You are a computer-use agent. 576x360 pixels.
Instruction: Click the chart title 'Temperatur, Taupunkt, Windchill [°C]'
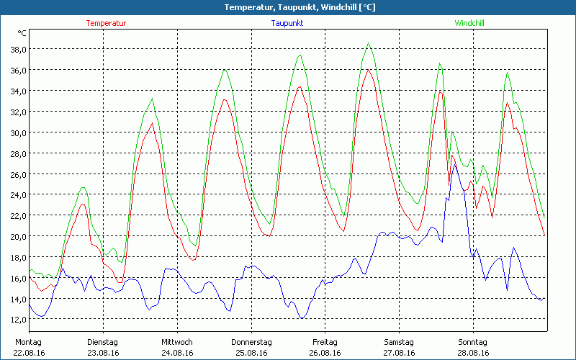289,7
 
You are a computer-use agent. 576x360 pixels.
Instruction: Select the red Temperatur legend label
106,23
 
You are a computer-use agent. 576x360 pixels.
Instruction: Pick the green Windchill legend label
469,23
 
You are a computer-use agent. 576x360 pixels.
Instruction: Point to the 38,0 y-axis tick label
17,49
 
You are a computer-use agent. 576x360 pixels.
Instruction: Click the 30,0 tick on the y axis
17,132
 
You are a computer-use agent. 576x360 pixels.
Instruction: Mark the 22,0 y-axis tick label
17,216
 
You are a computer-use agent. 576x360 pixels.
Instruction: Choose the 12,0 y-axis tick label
17,320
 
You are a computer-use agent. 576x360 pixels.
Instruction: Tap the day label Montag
28,342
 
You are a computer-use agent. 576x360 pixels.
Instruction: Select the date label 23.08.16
102,353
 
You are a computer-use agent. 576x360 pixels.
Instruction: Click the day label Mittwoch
176,342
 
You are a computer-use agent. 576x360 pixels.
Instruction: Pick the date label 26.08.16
325,353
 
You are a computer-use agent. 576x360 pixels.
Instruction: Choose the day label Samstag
399,342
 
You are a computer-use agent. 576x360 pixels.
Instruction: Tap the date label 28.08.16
473,353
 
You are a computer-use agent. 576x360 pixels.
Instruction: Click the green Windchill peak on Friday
369,43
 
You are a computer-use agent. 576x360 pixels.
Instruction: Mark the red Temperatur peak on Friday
368,69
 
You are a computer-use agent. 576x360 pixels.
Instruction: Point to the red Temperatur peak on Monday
83,204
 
